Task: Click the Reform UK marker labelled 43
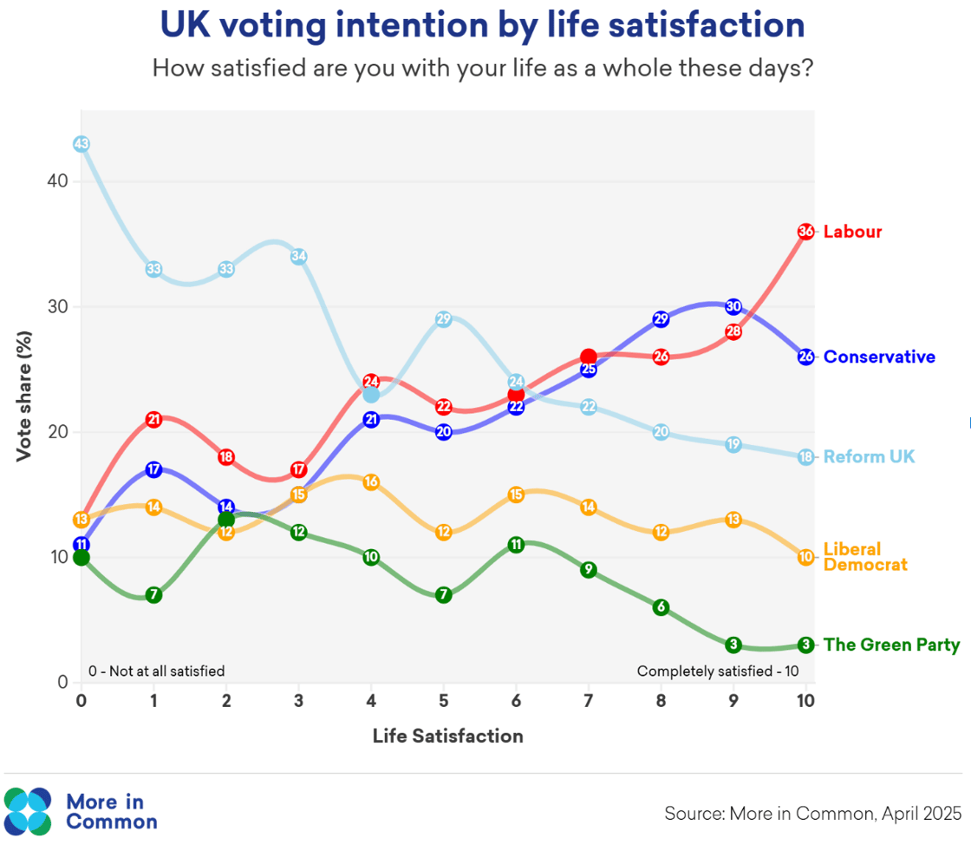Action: [x=81, y=144]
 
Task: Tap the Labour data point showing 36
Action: [x=805, y=232]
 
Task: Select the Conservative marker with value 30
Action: [x=733, y=306]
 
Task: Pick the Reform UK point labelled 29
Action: [x=443, y=319]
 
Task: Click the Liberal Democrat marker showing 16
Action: [x=371, y=481]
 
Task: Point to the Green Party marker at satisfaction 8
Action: [x=661, y=606]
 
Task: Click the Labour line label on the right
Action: [x=852, y=232]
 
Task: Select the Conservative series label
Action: [x=879, y=357]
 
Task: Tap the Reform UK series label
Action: [x=869, y=456]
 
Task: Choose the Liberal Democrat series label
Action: [x=864, y=557]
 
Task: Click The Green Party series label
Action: [x=891, y=645]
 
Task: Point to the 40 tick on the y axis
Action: [x=57, y=181]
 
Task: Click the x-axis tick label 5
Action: [x=443, y=701]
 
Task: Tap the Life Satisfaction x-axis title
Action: [x=447, y=737]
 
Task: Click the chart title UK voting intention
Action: [x=482, y=26]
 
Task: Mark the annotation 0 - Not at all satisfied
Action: [x=156, y=671]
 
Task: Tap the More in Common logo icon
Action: [x=29, y=810]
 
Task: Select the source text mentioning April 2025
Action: [x=812, y=814]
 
